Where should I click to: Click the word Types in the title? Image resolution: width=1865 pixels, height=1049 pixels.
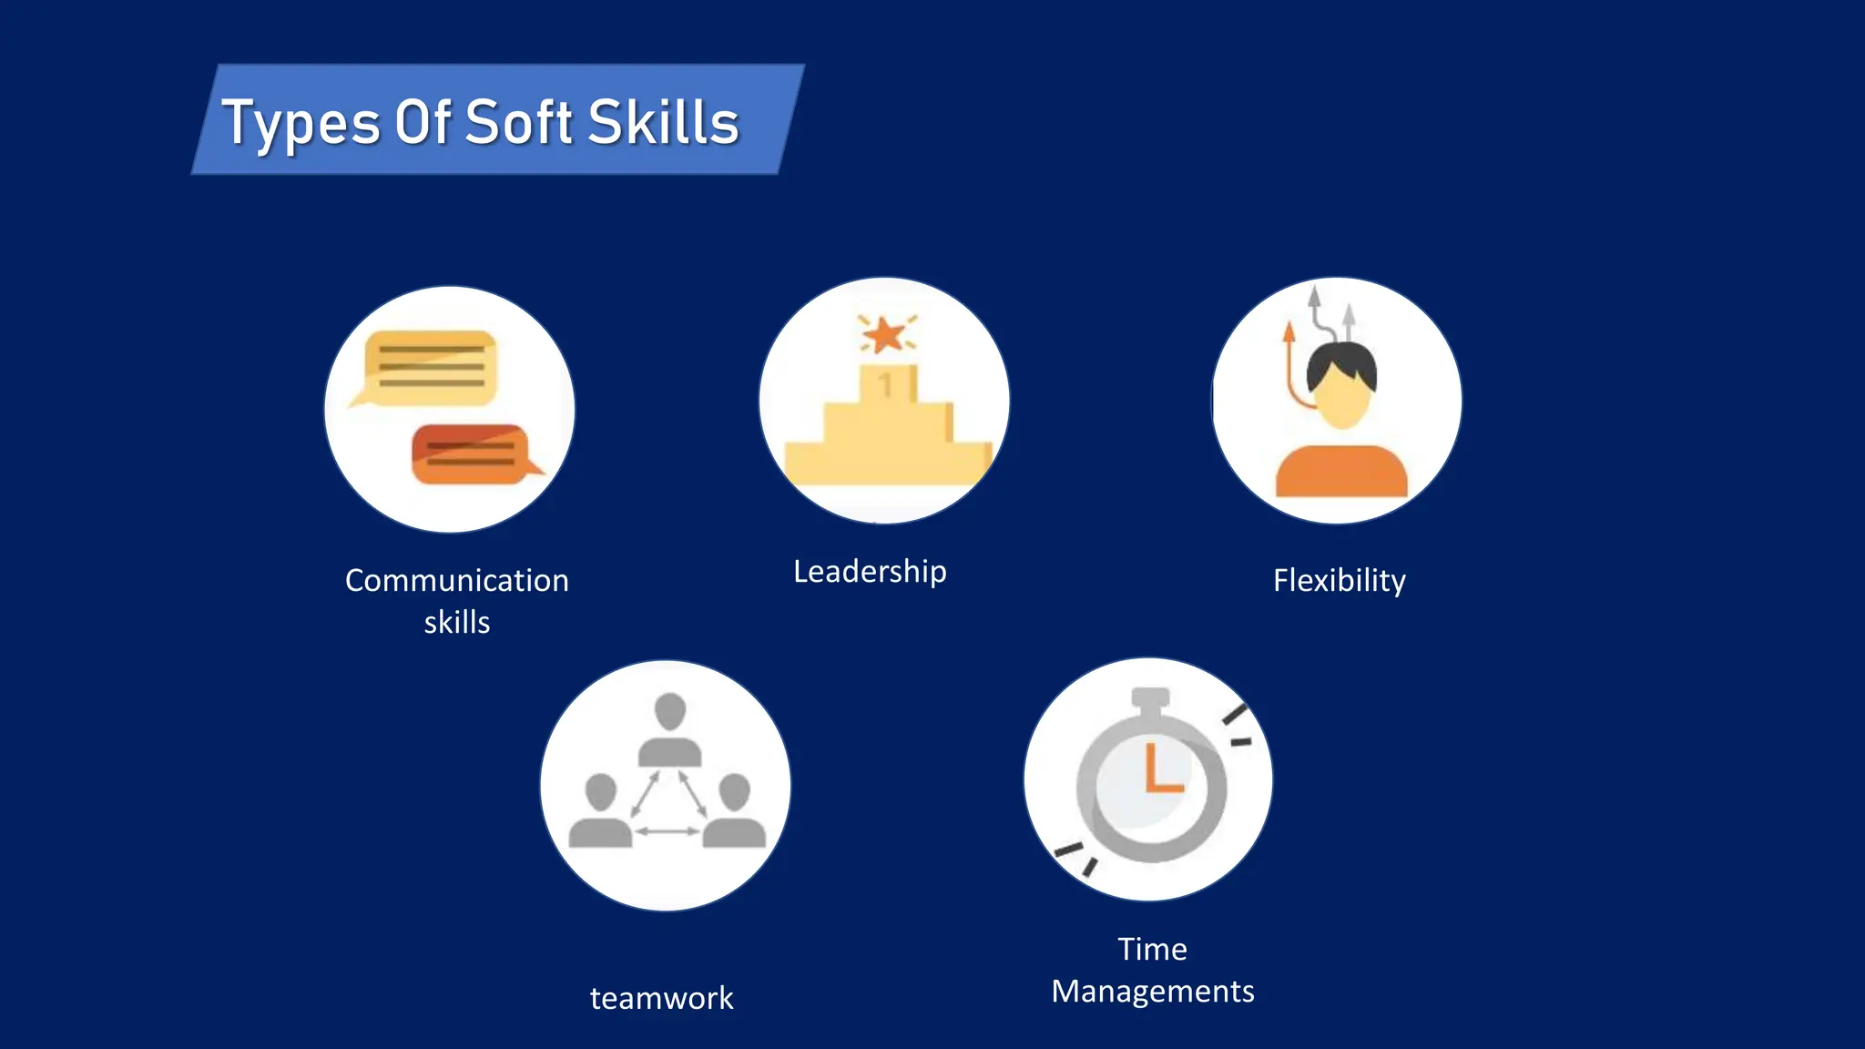[x=301, y=123]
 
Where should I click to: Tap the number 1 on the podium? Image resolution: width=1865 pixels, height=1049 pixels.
[x=885, y=386]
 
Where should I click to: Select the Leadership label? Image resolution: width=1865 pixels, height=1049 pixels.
[x=870, y=572]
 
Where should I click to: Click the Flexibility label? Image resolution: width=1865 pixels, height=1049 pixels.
[x=1339, y=580]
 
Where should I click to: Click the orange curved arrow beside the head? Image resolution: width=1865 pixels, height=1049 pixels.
[x=1291, y=364]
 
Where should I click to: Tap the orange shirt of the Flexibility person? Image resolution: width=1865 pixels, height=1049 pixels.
[x=1340, y=472]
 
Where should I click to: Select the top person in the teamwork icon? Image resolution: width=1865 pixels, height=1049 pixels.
[x=670, y=728]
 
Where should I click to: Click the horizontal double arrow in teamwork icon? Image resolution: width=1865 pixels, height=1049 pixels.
[x=668, y=830]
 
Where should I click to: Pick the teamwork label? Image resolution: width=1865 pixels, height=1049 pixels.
[x=661, y=998]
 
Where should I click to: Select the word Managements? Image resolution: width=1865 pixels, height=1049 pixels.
[x=1153, y=991]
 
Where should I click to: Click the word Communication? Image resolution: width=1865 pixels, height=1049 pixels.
[x=457, y=580]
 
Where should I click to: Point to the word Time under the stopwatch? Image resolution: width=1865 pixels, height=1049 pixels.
[x=1153, y=949]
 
